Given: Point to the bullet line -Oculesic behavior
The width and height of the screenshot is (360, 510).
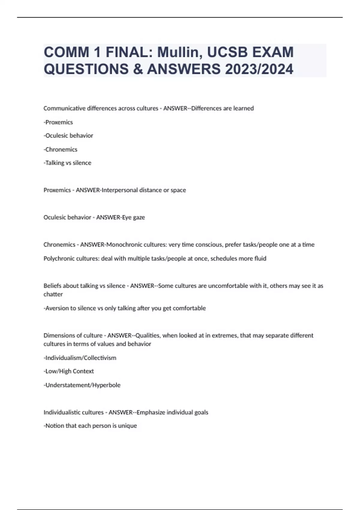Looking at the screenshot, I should point(68,136).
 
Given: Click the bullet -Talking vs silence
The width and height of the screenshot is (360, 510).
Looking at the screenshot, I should point(67,163).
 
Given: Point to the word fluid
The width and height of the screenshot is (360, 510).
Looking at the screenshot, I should point(259,259).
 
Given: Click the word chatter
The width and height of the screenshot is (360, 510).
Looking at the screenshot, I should point(53,294).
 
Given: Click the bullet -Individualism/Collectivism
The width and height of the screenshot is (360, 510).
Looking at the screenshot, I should point(80,358).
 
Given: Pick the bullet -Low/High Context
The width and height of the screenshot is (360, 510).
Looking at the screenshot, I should point(69,371).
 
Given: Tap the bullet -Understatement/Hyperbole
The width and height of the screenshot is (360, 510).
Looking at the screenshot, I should point(82,385).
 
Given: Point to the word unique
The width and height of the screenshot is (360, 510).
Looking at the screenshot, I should point(127,426).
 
